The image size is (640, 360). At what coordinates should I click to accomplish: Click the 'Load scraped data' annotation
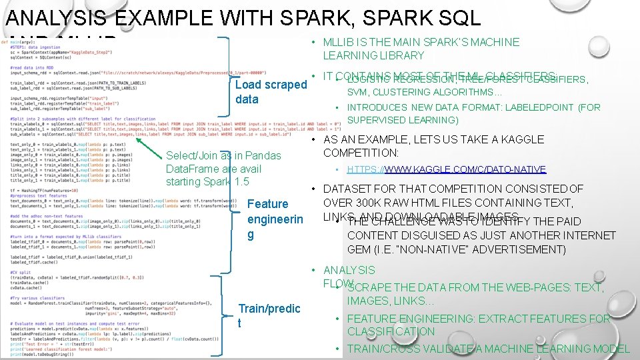click(271, 92)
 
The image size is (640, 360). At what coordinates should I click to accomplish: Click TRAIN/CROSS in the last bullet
click(380, 349)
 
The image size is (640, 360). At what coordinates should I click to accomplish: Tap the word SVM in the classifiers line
click(359, 92)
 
